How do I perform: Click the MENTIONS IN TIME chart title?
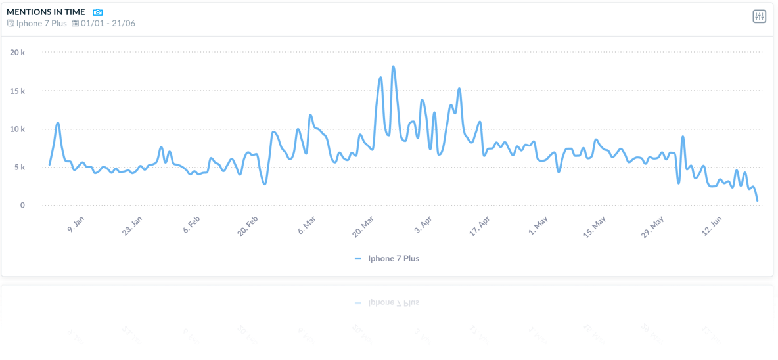tap(45, 12)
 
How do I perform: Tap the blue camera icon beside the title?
tap(98, 12)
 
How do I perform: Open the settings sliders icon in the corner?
tap(759, 16)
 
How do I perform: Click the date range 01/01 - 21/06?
tap(107, 24)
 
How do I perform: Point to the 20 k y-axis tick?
tap(18, 53)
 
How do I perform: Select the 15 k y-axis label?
tap(18, 91)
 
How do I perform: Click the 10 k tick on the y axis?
tap(18, 129)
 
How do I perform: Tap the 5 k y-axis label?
tap(20, 167)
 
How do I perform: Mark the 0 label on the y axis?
tap(22, 205)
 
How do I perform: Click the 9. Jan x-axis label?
tap(76, 225)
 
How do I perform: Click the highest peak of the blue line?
tap(393, 66)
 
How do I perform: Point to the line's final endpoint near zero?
tap(758, 200)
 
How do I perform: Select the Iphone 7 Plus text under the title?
tap(41, 24)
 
